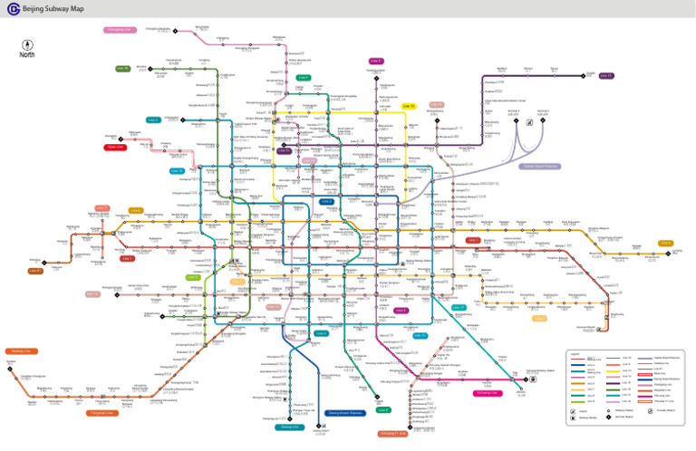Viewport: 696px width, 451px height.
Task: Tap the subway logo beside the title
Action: [x=11, y=9]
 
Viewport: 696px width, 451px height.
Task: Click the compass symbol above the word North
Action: [x=27, y=44]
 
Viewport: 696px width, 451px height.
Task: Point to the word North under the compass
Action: [x=27, y=58]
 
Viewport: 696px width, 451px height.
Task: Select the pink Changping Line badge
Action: [x=119, y=30]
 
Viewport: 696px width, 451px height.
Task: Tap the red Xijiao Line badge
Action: [x=115, y=147]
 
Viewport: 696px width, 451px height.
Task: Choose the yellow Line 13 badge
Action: [x=409, y=106]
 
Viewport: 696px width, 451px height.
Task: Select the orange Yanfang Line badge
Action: [x=21, y=350]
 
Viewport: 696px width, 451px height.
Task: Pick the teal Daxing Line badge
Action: [x=289, y=426]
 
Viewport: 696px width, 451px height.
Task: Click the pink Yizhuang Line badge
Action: [x=488, y=393]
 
